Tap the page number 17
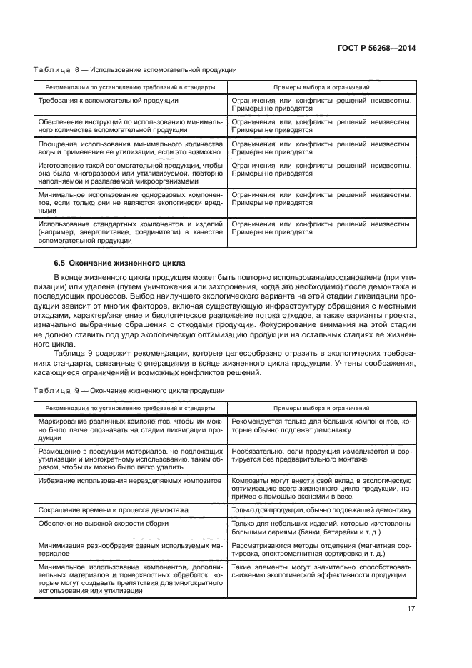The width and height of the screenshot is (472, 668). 411,609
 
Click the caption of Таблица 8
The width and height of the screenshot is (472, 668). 135,70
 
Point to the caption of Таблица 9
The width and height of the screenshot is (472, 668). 129,390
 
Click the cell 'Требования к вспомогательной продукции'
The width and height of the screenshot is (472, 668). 108,101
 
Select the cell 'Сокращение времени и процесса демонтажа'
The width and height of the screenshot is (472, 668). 113,510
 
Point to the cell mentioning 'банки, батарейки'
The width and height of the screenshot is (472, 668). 321,529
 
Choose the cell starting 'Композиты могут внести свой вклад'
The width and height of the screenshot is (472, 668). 321,489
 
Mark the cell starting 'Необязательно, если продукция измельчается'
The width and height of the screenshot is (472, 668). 321,457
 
